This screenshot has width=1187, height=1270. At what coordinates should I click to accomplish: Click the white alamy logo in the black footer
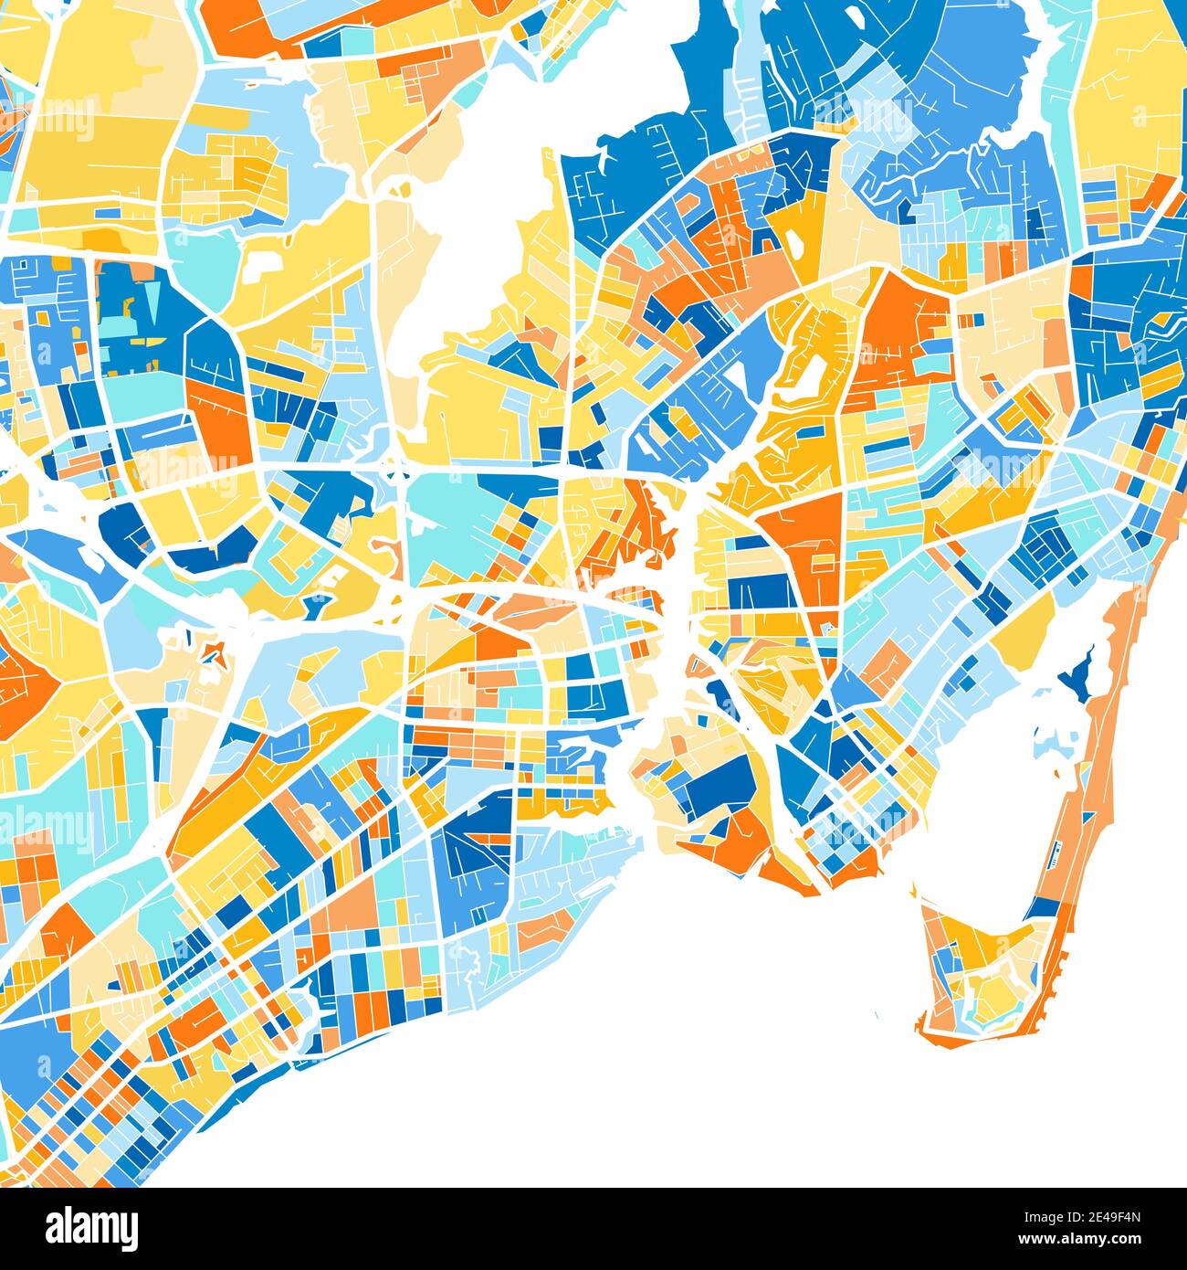pyautogui.click(x=91, y=1228)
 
